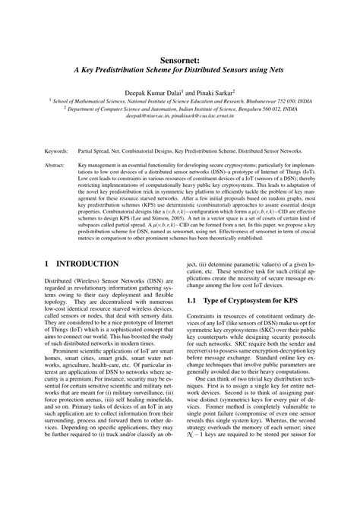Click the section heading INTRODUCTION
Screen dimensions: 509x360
click(x=84, y=264)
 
